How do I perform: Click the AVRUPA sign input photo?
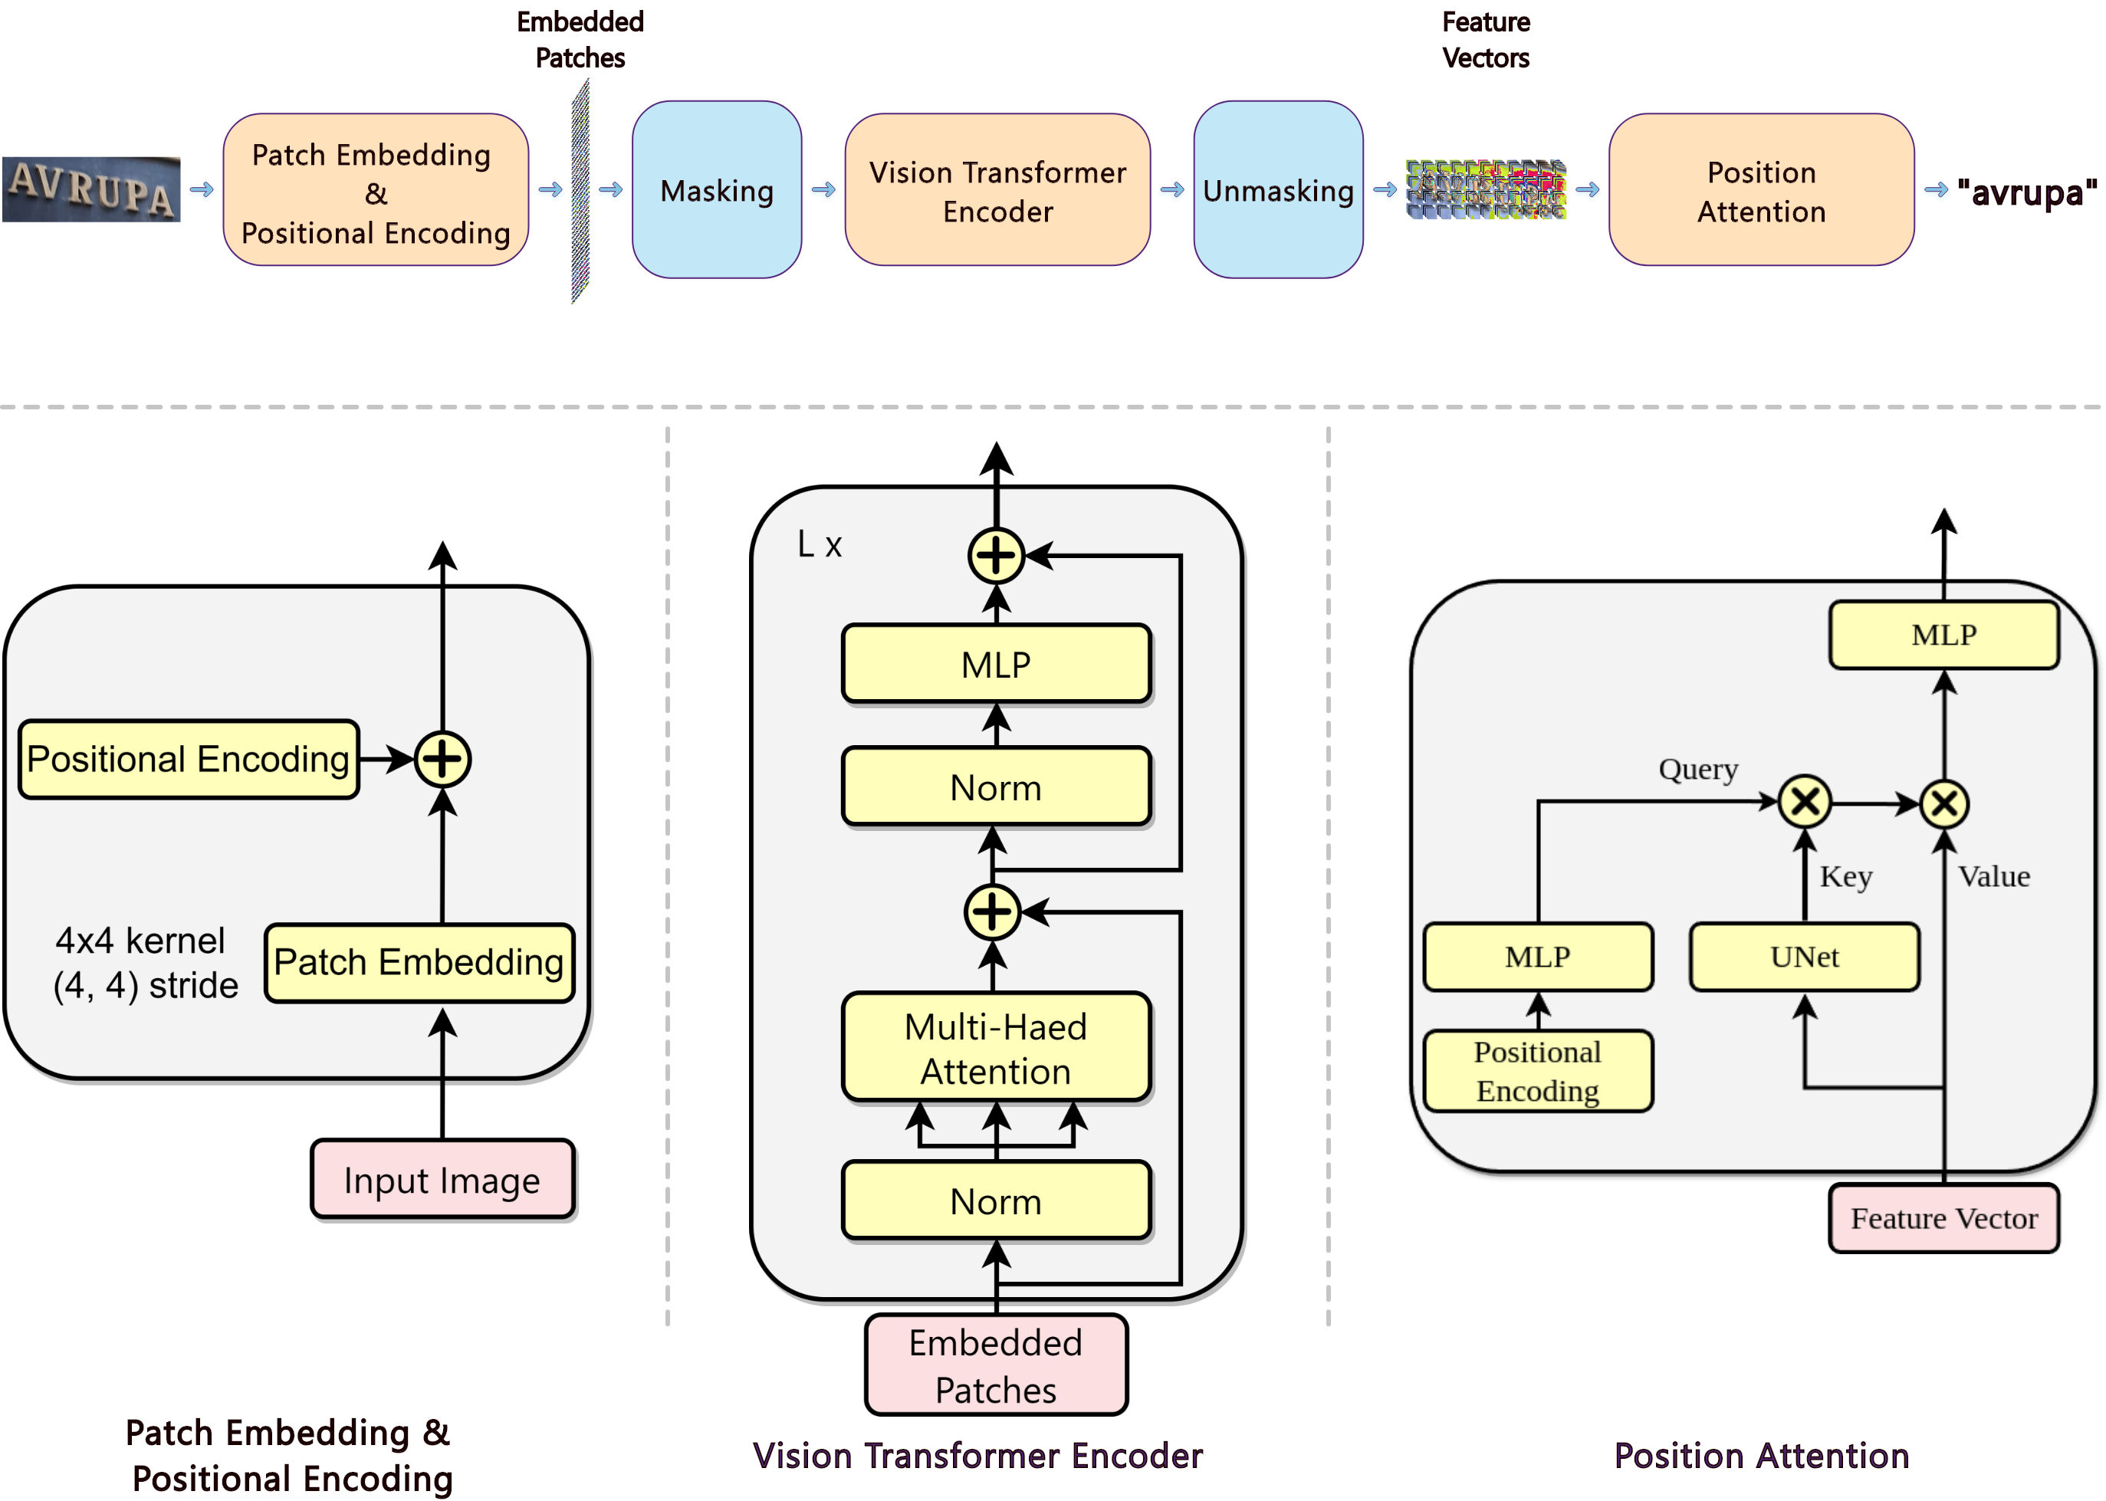(90, 189)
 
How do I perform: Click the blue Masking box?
(716, 190)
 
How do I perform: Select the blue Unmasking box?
(1277, 190)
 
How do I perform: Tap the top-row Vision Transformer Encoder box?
(997, 190)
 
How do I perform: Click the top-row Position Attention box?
(1760, 190)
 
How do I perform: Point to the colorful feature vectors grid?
(1485, 189)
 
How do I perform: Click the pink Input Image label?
(442, 1179)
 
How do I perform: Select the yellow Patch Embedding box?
(419, 962)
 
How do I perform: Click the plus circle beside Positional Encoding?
(442, 759)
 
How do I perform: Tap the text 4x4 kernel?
(140, 941)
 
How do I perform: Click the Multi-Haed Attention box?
(995, 1048)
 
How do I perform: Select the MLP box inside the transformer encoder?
(995, 665)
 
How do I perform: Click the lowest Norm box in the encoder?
(995, 1200)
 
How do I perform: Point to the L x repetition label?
(820, 545)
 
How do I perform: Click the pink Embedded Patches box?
(995, 1365)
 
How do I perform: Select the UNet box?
(1804, 957)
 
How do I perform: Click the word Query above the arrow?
(1697, 769)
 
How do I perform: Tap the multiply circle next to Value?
(1944, 803)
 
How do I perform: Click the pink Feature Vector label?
(1943, 1218)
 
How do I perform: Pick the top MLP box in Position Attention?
(1943, 635)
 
